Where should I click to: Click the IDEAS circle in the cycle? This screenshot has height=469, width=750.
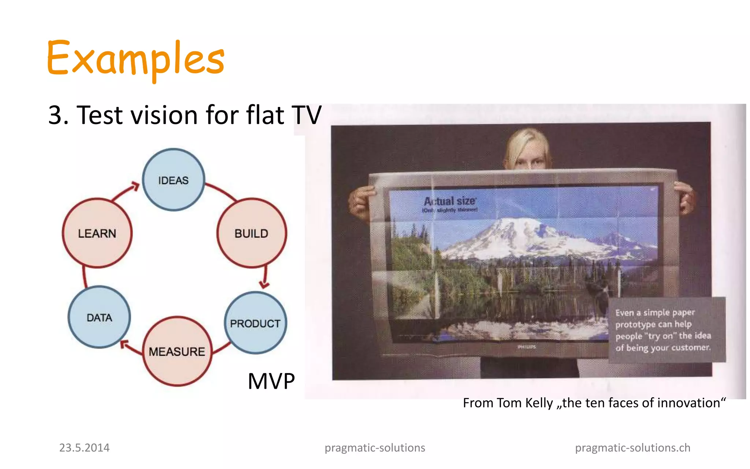[173, 180]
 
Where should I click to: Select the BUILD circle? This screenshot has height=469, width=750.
[252, 233]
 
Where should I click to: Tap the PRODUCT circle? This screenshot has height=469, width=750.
[255, 323]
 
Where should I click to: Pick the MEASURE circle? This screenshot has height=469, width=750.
[177, 351]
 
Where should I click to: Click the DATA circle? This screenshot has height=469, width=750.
[99, 317]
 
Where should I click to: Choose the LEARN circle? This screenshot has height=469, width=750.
[97, 233]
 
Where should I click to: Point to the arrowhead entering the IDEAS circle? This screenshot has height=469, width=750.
[135, 186]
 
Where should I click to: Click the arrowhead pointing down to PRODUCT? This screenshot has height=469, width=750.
[264, 284]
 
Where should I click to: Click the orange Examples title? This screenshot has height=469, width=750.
[135, 59]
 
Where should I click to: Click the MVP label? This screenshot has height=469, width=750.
[271, 381]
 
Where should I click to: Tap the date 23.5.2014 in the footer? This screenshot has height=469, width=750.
[84, 448]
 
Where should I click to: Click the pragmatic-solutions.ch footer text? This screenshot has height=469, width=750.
[632, 448]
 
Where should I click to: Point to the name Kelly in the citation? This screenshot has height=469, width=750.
[539, 403]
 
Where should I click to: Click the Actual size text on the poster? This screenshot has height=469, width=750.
[450, 201]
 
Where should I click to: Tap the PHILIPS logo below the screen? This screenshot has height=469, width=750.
[527, 347]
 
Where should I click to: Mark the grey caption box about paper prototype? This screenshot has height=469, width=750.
[667, 330]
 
